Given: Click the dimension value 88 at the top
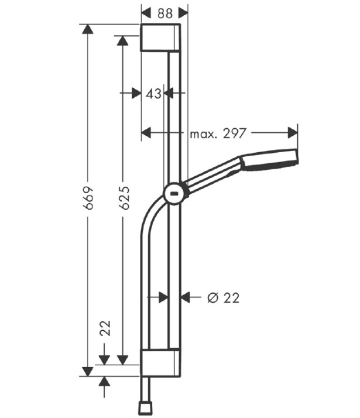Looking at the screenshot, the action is (165, 13).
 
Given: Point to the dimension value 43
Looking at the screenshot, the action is (153, 94).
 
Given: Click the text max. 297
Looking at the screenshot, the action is (217, 133).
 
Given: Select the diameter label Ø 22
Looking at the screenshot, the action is (223, 298).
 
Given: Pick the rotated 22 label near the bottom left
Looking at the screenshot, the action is (105, 328).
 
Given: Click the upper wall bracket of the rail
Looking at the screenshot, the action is (160, 37).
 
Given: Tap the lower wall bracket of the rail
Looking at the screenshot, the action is (160, 362).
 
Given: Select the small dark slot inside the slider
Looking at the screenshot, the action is (175, 193).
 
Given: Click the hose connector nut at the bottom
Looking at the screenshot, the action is (145, 407).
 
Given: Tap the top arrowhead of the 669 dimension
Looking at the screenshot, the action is (88, 29).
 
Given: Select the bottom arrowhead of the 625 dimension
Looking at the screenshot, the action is (122, 360).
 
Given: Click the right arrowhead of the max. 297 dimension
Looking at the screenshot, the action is (293, 132).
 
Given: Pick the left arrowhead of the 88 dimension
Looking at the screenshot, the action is (146, 13).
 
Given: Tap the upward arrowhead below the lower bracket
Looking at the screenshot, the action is (104, 382).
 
